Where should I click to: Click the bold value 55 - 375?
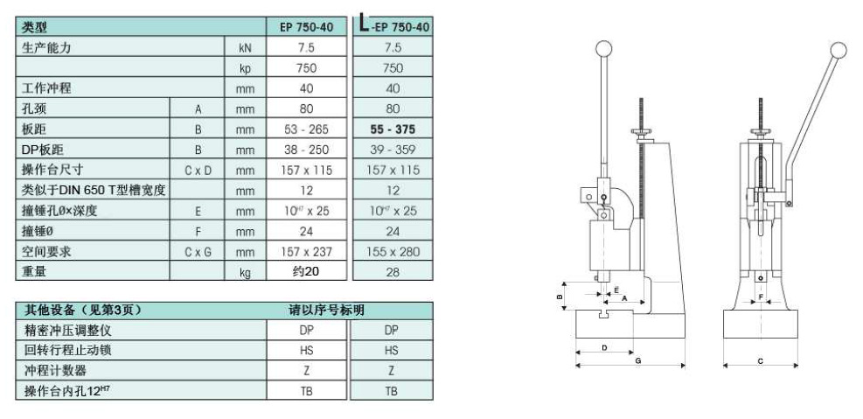coord(393,129)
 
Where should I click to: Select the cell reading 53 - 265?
coord(307,129)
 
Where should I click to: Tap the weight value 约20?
coord(306,271)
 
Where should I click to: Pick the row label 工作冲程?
coord(46,88)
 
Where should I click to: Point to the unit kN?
coord(245,48)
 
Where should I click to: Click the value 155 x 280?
coord(393,252)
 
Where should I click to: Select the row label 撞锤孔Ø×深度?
coord(59,211)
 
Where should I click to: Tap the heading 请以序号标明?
coord(326,310)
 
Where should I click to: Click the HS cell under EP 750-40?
coord(307,350)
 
